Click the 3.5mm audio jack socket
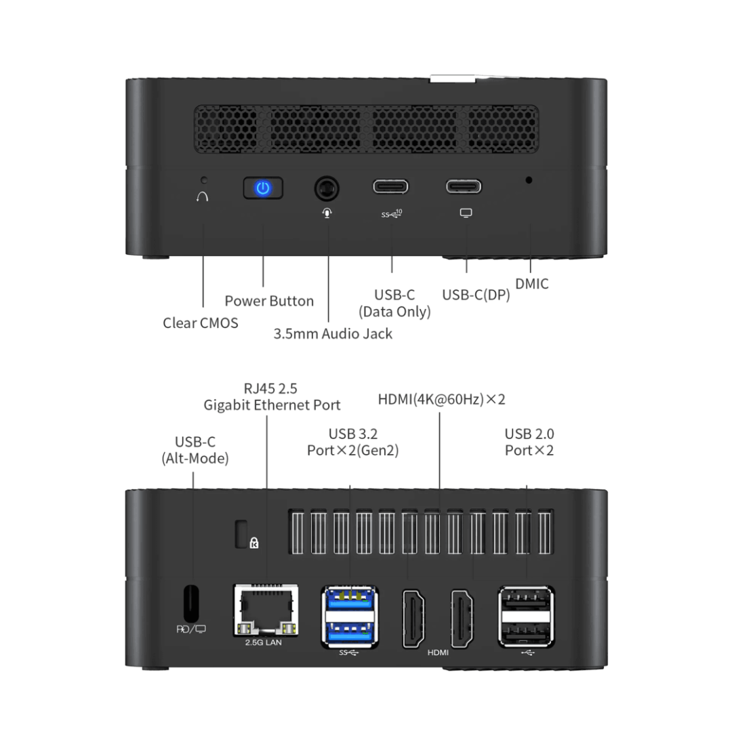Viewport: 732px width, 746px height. point(327,188)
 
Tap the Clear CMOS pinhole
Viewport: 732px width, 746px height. point(204,181)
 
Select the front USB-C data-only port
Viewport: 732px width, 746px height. point(391,187)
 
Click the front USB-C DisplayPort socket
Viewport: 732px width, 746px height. point(464,187)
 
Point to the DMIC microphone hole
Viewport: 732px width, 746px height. point(529,180)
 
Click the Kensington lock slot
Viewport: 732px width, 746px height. point(241,533)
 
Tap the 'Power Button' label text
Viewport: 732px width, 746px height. point(269,301)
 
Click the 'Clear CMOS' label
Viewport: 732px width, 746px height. point(201,323)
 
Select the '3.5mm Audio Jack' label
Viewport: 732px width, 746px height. point(333,333)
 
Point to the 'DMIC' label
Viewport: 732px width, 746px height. point(531,285)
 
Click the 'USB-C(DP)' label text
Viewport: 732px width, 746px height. point(476,295)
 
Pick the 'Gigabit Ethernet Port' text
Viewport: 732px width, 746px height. point(272,405)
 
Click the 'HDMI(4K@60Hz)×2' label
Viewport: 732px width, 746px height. point(441,400)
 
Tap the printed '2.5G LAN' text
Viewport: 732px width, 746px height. point(263,642)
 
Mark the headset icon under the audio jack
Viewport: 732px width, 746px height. point(327,213)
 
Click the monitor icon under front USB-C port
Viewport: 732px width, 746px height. point(466,213)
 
